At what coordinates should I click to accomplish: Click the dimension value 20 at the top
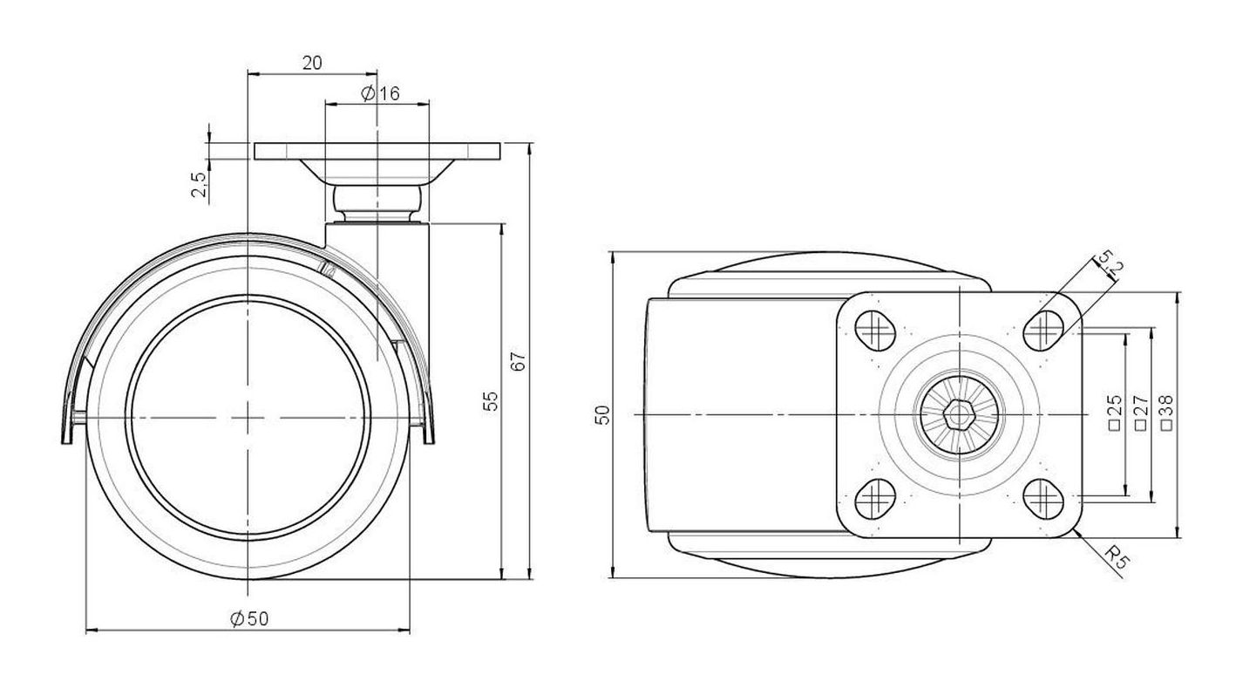pyautogui.click(x=312, y=63)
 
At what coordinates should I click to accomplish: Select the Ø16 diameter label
pyautogui.click(x=380, y=94)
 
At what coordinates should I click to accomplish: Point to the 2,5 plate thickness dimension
pyautogui.click(x=199, y=184)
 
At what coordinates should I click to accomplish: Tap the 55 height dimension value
pyautogui.click(x=490, y=401)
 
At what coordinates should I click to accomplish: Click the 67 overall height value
pyautogui.click(x=519, y=362)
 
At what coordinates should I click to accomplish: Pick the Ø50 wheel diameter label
pyautogui.click(x=249, y=619)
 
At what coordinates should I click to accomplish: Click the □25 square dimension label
pyautogui.click(x=1115, y=412)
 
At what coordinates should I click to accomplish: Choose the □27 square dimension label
pyautogui.click(x=1140, y=412)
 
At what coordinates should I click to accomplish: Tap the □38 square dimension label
pyautogui.click(x=1166, y=412)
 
